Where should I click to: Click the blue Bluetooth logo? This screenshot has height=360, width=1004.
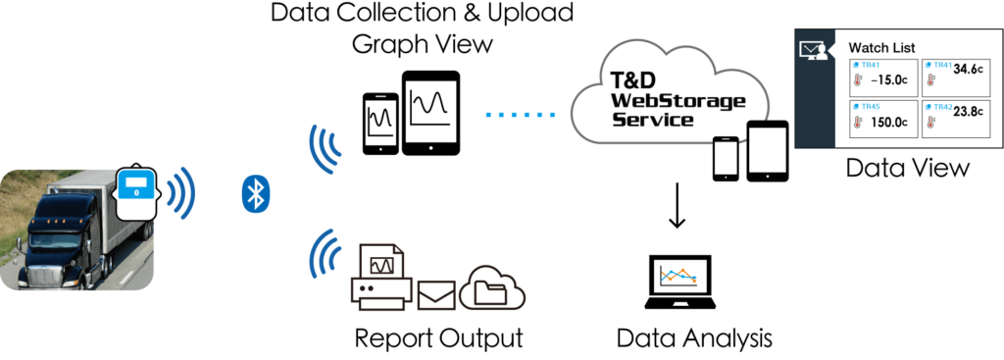pyautogui.click(x=255, y=193)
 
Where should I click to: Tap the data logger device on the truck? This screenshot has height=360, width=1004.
pyautogui.click(x=137, y=192)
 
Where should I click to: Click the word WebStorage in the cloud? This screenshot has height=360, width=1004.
pyautogui.click(x=678, y=101)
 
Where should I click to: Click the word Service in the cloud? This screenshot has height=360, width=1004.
pyautogui.click(x=652, y=120)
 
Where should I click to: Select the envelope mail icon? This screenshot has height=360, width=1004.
pyautogui.click(x=436, y=294)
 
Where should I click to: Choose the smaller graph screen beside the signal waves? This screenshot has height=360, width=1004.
pyautogui.click(x=380, y=122)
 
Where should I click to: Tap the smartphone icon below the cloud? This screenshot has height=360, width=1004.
pyautogui.click(x=727, y=155)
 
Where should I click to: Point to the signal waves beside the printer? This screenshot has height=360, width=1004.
pyautogui.click(x=324, y=257)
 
